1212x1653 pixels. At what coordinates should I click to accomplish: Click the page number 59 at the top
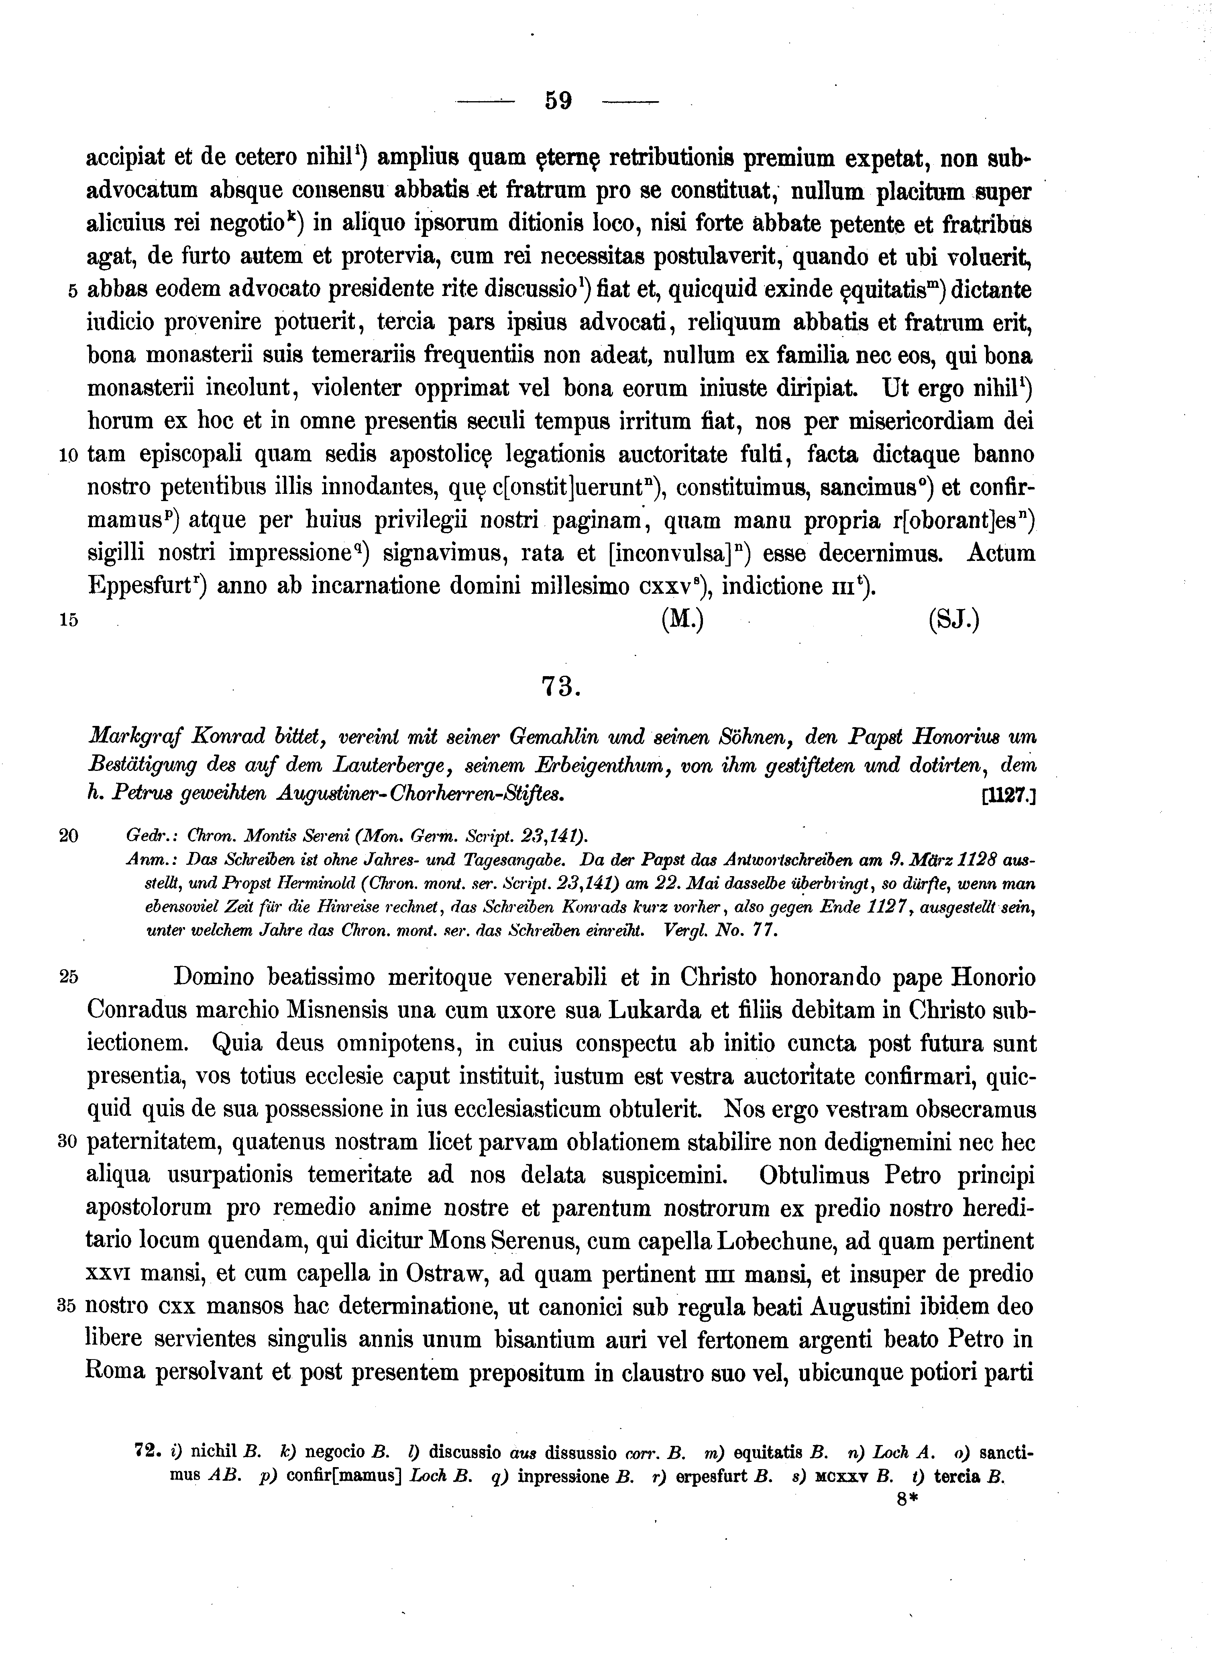558,100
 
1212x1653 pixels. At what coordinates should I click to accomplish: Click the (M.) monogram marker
682,621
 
